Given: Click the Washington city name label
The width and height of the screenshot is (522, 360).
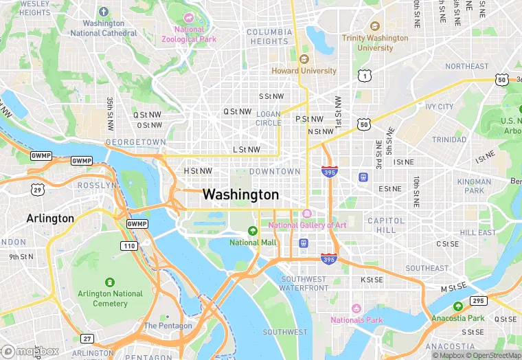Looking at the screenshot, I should [x=240, y=195].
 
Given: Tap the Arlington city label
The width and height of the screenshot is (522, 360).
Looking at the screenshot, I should [x=49, y=218].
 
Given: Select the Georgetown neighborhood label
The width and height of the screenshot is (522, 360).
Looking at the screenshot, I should [x=136, y=142].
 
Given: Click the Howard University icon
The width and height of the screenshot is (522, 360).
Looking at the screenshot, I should [x=304, y=59].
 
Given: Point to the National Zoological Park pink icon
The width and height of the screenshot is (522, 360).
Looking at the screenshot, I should [x=188, y=17].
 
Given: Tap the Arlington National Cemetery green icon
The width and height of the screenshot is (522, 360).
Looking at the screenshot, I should [x=109, y=282].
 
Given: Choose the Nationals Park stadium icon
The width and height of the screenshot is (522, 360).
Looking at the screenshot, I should [x=356, y=308].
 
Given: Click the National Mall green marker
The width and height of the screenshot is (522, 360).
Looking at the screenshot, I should [x=253, y=231].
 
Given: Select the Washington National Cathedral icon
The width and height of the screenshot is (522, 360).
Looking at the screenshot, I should [x=103, y=12].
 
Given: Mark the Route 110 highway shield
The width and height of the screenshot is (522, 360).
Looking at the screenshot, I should [x=129, y=245].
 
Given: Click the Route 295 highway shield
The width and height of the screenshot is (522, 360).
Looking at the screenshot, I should [x=479, y=301].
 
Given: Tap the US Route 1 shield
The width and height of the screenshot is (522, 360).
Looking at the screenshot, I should [x=363, y=76].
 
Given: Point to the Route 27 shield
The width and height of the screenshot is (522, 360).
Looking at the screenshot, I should [x=87, y=338].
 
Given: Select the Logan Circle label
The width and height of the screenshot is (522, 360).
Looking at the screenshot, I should [x=269, y=118].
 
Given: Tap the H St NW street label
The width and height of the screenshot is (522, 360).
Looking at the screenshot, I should [x=198, y=170].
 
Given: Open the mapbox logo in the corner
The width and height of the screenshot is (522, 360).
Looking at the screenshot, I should [x=31, y=351].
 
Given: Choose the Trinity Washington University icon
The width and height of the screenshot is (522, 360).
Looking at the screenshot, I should [x=374, y=25].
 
